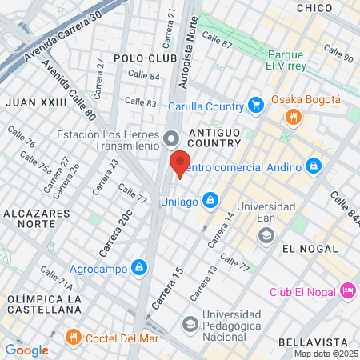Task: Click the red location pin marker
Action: tap(181, 163)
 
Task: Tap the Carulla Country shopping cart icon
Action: tap(256, 105)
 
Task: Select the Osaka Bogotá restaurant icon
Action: tap(294, 118)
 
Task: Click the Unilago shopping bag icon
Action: tap(210, 198)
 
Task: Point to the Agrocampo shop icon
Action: tap(139, 266)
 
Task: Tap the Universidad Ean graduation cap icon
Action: tap(266, 235)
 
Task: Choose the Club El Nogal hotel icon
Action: tap(348, 290)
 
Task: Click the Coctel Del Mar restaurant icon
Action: tap(74, 337)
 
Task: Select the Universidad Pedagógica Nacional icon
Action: tap(190, 324)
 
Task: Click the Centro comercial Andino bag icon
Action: tap(314, 166)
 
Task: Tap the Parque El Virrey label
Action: tap(281, 60)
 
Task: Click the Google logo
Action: tap(26, 350)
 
